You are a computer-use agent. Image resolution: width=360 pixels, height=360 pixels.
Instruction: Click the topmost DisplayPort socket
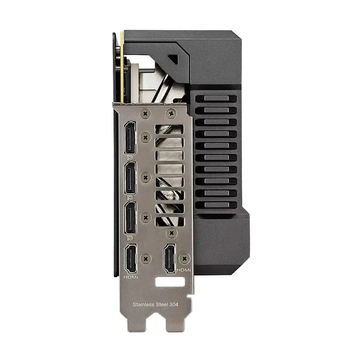[130, 138]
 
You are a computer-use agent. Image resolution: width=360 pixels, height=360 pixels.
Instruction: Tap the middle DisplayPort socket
[130, 178]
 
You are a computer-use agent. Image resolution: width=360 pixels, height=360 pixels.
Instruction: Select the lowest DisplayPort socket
[130, 218]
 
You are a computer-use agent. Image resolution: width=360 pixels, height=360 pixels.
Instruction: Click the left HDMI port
[131, 259]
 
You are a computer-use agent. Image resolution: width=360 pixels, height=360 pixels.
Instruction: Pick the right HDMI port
[170, 258]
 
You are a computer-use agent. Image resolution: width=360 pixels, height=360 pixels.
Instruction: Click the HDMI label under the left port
[131, 277]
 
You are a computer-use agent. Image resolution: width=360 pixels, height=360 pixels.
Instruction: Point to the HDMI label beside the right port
[184, 270]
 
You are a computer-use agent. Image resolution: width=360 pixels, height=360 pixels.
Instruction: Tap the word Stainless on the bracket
[143, 305]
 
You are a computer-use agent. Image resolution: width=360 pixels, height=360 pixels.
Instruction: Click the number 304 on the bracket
[174, 305]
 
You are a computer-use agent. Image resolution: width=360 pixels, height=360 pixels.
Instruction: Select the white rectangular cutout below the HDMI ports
[170, 282]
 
